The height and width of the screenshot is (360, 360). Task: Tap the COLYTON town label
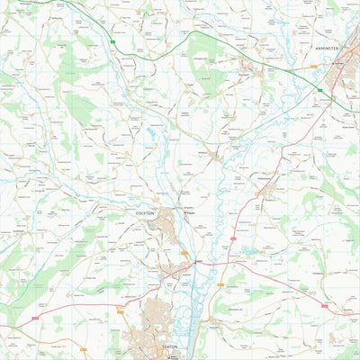(x=146, y=213)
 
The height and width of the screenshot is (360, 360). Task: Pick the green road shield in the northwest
(x=113, y=42)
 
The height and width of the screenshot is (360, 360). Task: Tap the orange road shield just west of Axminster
(x=314, y=66)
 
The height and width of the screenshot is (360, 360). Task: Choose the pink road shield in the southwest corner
(x=34, y=318)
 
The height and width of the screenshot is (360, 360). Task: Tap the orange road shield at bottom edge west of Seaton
(x=83, y=349)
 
